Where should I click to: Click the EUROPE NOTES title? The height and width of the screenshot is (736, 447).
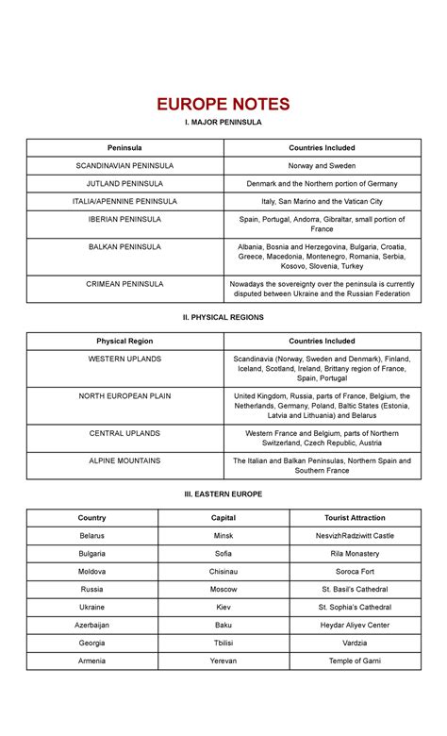click(223, 104)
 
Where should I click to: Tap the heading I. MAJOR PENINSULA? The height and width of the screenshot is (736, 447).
click(223, 122)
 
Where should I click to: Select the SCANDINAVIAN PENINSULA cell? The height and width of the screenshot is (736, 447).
click(124, 165)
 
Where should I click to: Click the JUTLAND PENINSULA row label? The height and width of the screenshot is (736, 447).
click(124, 183)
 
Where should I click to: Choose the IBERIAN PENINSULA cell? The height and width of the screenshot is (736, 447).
click(124, 219)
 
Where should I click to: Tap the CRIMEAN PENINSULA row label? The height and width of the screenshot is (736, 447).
click(124, 283)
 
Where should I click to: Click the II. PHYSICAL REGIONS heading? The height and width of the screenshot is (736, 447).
click(223, 317)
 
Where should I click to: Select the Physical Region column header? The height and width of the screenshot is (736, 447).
click(124, 341)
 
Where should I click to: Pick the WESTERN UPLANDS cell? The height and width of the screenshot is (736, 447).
click(124, 359)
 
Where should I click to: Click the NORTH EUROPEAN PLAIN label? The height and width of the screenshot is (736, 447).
click(124, 396)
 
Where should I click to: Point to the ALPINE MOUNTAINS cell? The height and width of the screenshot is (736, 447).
click(124, 460)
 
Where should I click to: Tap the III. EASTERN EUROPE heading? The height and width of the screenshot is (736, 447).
click(223, 493)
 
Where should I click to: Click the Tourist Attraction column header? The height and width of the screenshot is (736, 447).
click(355, 517)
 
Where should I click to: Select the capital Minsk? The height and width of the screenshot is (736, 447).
click(223, 535)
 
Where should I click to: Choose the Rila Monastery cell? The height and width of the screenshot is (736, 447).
click(355, 553)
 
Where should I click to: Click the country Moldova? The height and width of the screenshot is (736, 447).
click(92, 571)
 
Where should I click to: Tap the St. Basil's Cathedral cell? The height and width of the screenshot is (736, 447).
click(355, 589)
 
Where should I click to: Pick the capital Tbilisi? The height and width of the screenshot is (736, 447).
click(223, 643)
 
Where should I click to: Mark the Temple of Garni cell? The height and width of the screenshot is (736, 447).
click(355, 661)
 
